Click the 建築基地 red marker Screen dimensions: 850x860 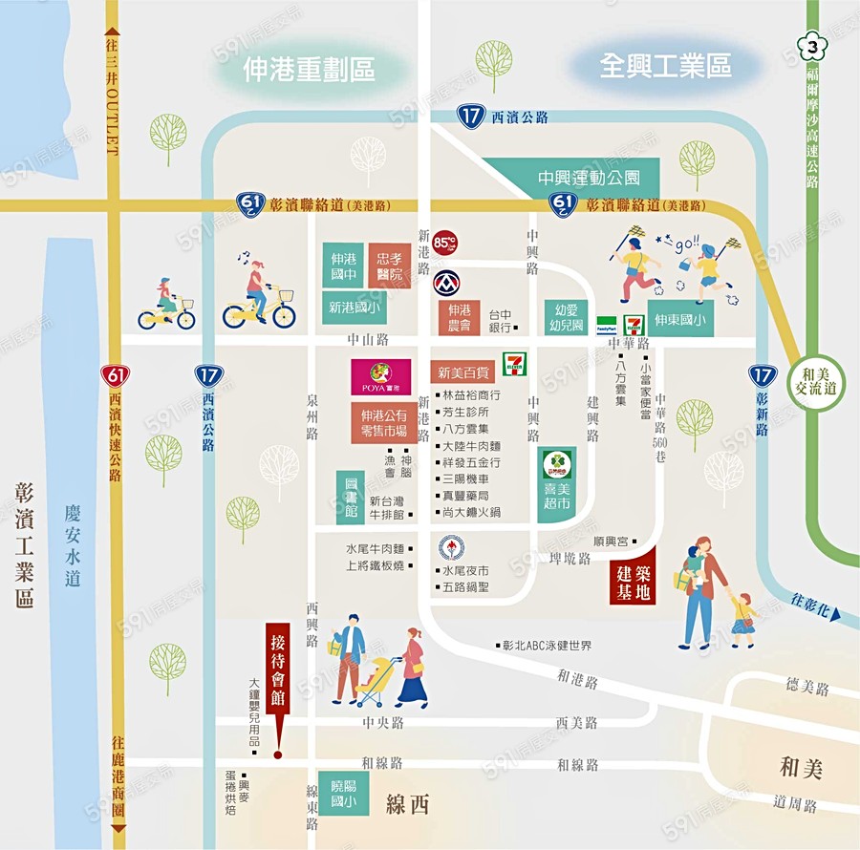tap(634, 577)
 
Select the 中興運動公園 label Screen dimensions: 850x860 tap(588, 178)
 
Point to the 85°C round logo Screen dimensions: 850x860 tap(444, 243)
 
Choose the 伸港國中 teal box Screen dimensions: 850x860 tap(343, 265)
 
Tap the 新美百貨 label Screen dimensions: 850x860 tap(463, 372)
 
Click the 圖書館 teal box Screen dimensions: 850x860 tap(350, 497)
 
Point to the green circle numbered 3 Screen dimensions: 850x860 tap(812, 45)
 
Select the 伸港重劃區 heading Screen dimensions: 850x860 tap(309, 68)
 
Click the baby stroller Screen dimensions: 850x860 tap(376, 681)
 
